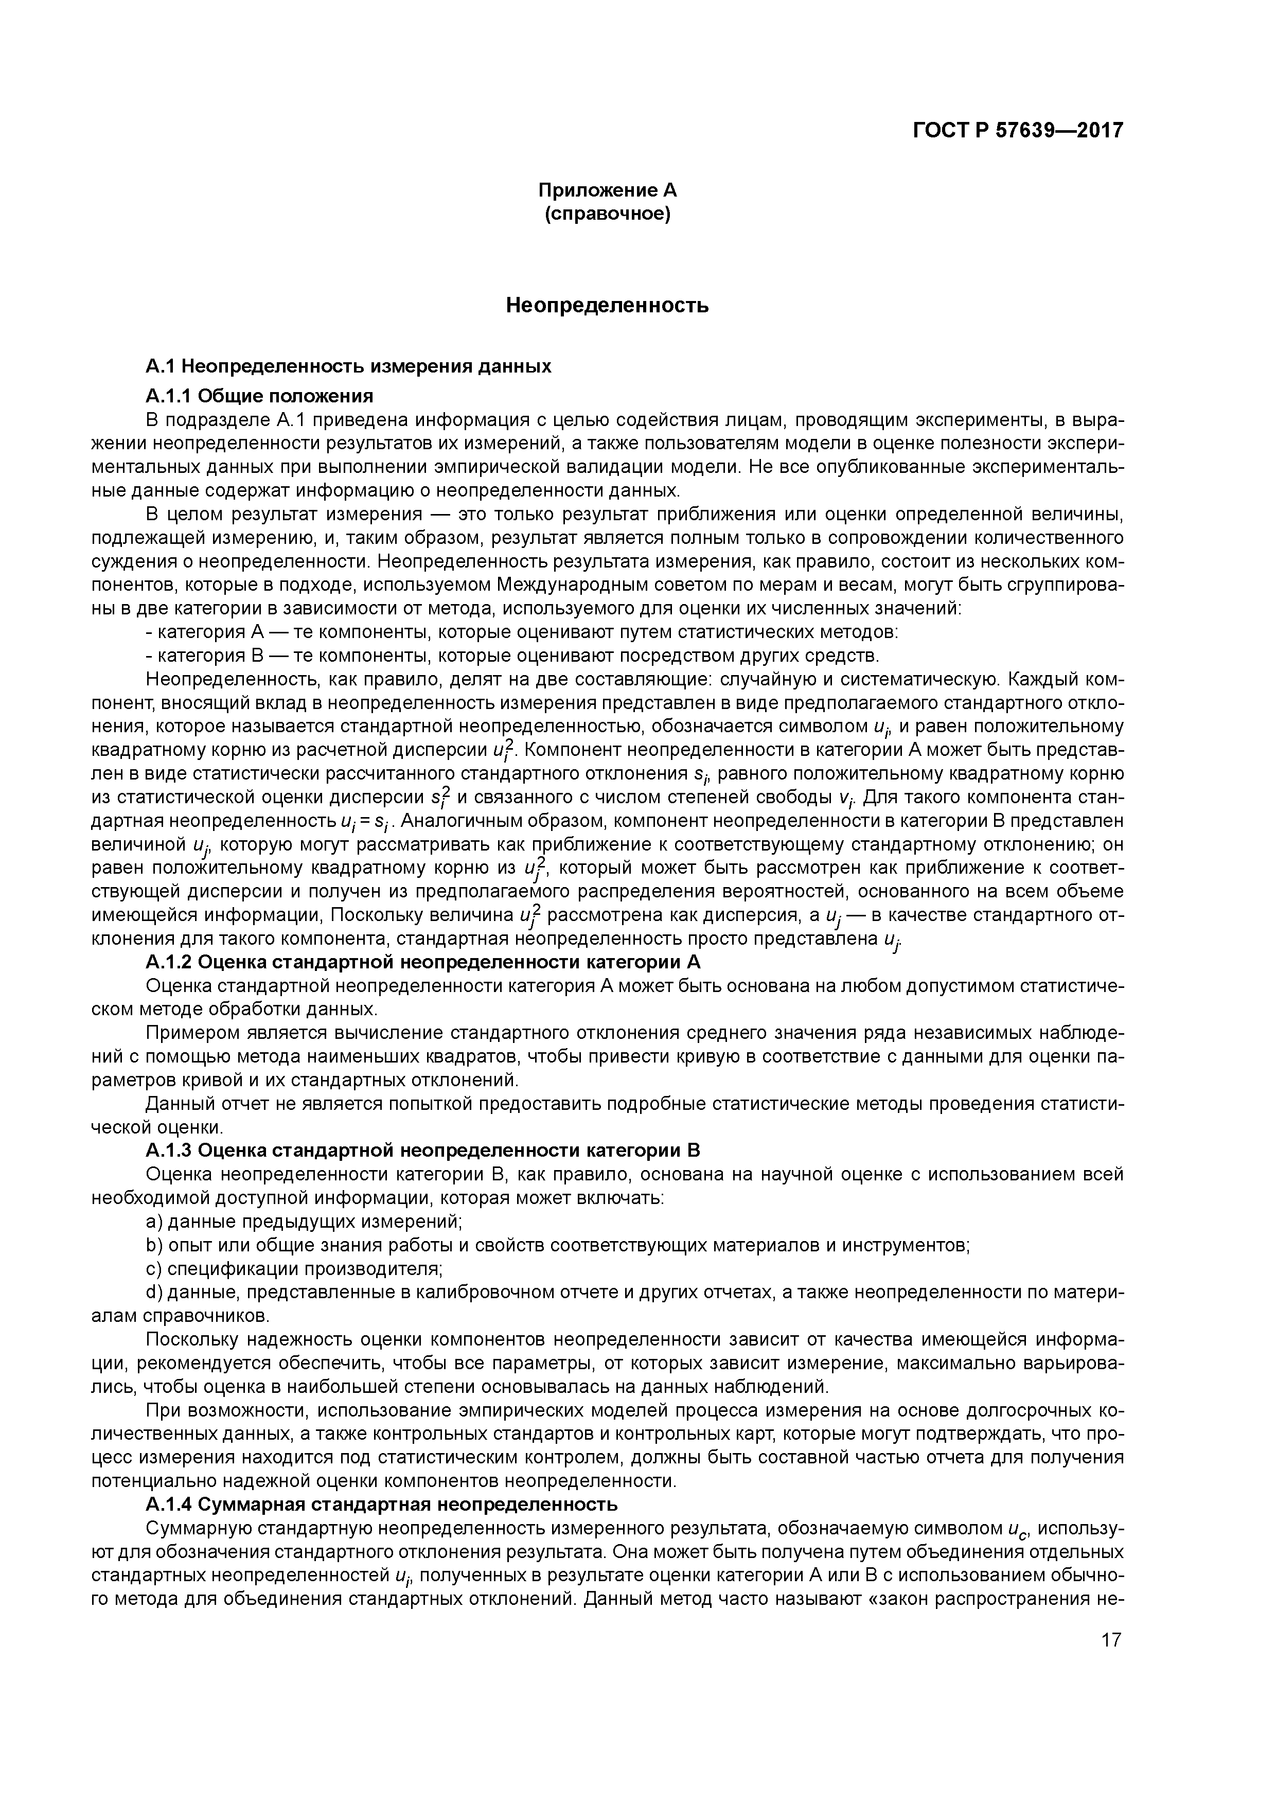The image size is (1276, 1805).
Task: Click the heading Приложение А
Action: pyautogui.click(x=607, y=190)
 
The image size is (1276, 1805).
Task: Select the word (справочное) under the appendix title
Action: pyautogui.click(x=607, y=214)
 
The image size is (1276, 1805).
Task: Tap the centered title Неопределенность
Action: pyautogui.click(x=607, y=305)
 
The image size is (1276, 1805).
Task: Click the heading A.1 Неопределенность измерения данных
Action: pyautogui.click(x=348, y=366)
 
